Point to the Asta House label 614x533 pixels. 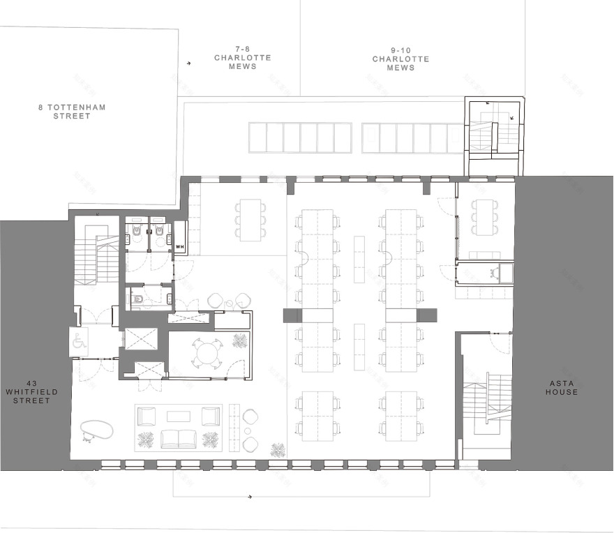click(562, 387)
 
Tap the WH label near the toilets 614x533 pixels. click(179, 246)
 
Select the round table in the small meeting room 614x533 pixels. click(207, 352)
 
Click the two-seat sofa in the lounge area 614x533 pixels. click(178, 439)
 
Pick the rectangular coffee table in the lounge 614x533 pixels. click(178, 416)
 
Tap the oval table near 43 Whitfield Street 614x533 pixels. click(97, 429)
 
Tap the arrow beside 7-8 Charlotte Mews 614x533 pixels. click(188, 63)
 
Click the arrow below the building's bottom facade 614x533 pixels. click(249, 497)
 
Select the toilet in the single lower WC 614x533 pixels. click(138, 300)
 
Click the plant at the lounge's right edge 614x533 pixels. click(278, 450)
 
